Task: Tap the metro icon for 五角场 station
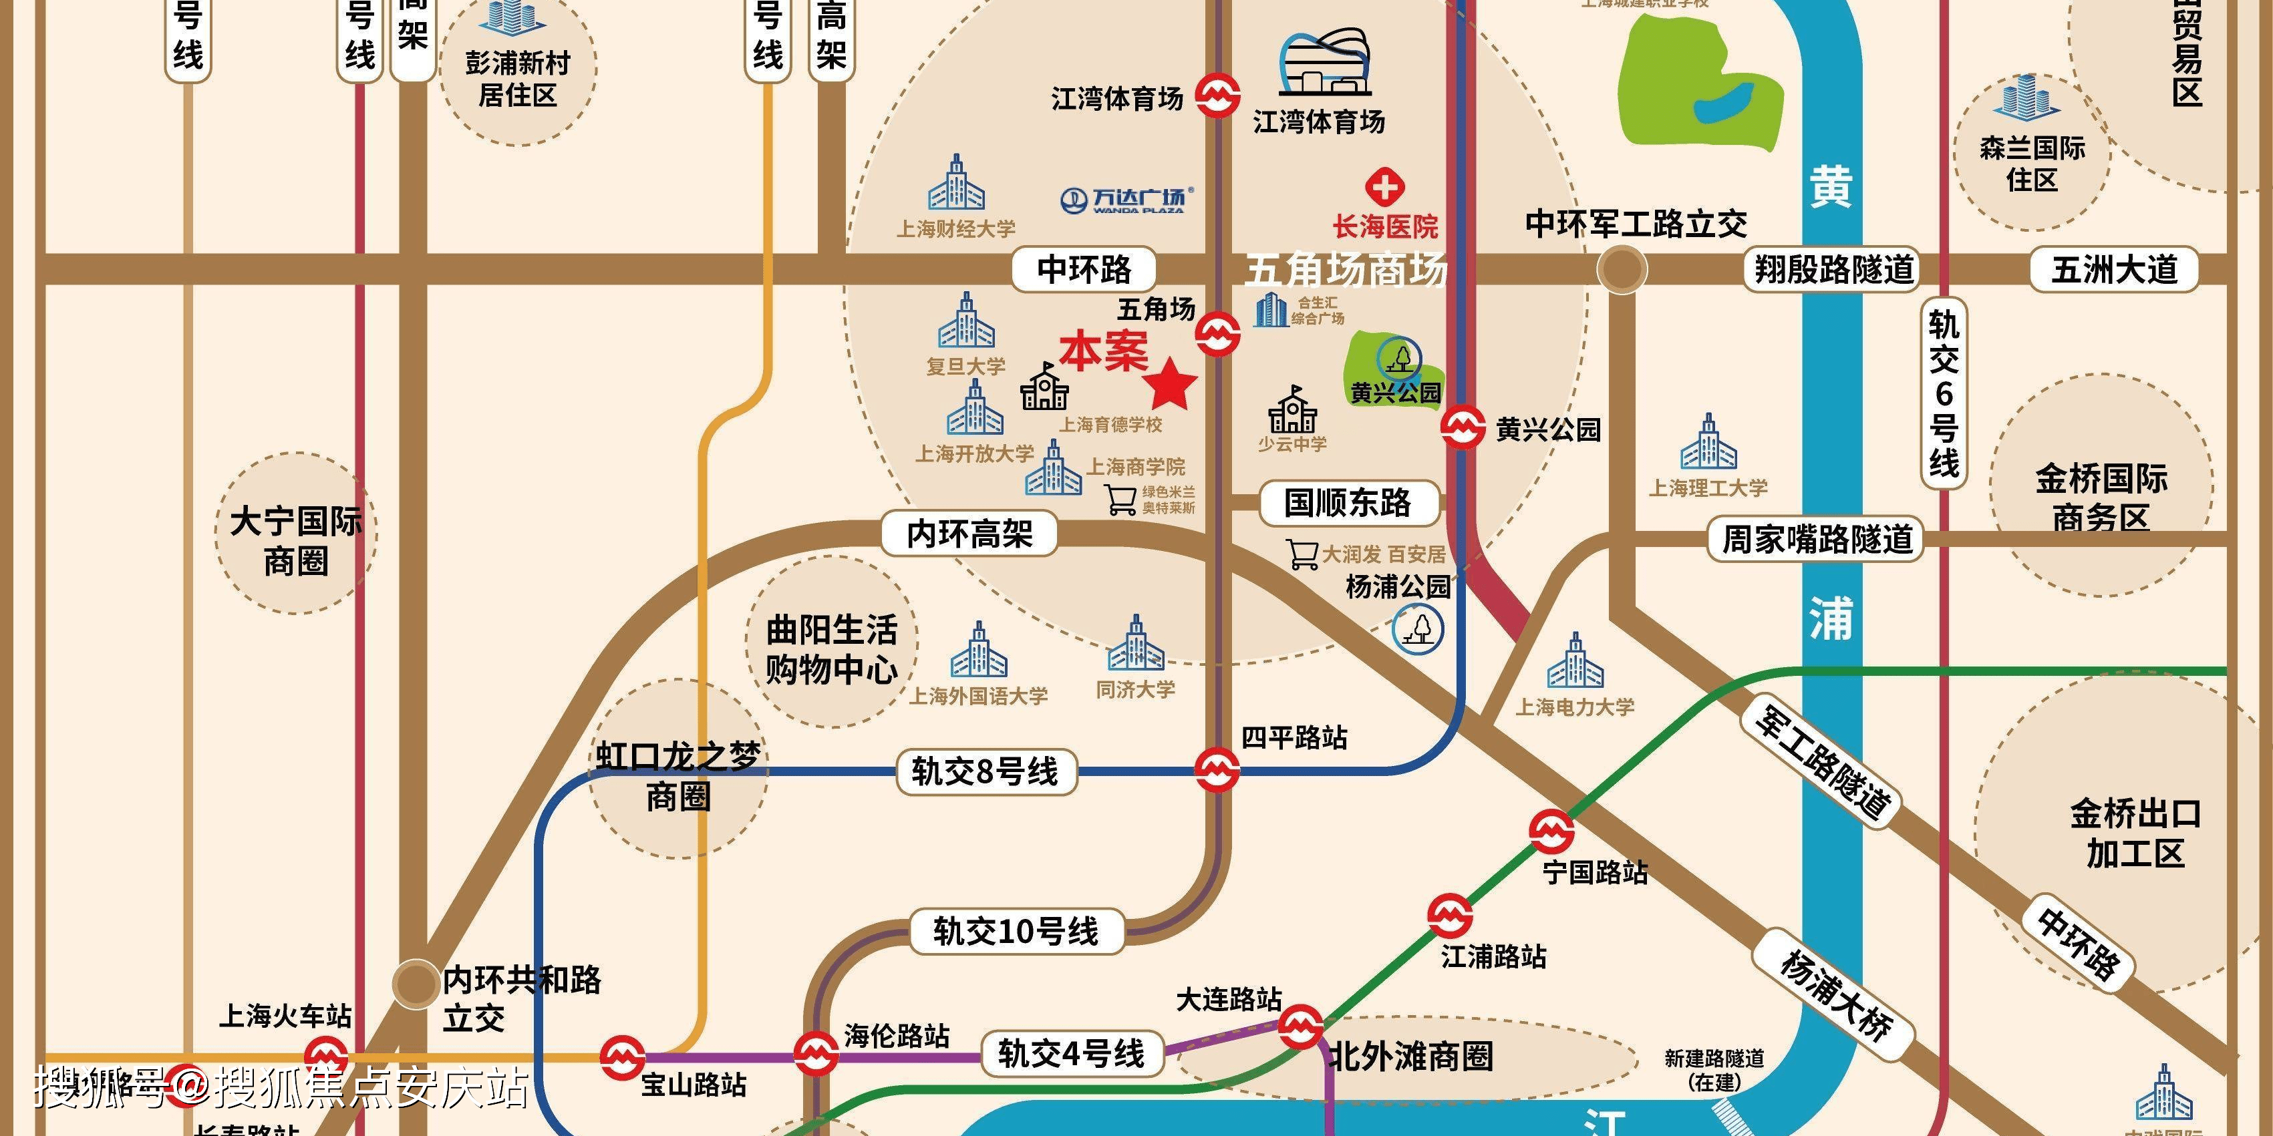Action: pos(1217,333)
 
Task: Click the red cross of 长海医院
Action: pos(1385,188)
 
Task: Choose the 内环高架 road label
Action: pos(969,534)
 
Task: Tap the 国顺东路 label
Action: pos(1348,503)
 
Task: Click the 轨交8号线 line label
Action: pos(985,772)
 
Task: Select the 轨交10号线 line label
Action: pos(1016,932)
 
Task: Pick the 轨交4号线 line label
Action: pos(1070,1053)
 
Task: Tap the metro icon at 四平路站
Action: pos(1217,769)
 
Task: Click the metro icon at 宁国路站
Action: pos(1551,831)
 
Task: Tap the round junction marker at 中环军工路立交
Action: pos(1622,270)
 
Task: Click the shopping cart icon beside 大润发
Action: pos(1302,554)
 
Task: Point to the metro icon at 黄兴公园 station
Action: pos(1462,428)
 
